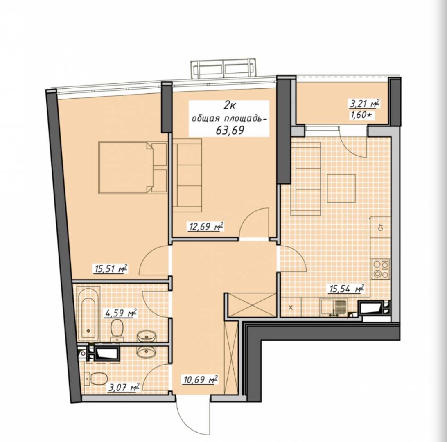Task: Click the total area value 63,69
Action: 230,130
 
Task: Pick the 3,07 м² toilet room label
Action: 124,388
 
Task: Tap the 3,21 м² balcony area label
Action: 365,104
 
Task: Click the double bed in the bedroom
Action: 133,167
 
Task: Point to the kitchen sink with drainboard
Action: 333,307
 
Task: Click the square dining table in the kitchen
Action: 341,188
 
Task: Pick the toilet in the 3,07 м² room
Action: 97,378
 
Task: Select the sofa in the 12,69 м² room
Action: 187,175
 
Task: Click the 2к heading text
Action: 229,106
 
